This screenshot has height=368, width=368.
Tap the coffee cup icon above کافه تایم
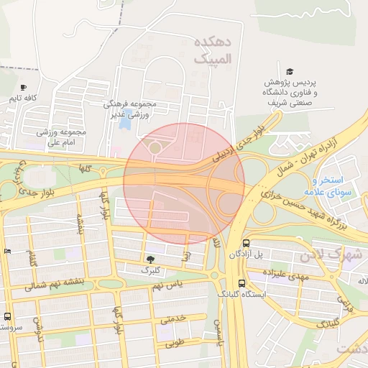pyautogui.click(x=24, y=86)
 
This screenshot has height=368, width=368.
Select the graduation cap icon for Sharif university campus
pyautogui.click(x=290, y=71)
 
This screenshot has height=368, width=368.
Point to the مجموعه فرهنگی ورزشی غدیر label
pyautogui.click(x=141, y=109)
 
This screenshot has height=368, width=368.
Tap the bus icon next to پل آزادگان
pyautogui.click(x=247, y=244)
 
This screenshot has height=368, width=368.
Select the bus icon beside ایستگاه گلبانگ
pyautogui.click(x=241, y=283)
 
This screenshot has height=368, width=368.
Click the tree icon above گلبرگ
pyautogui.click(x=150, y=259)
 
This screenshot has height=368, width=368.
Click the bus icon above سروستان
pyautogui.click(x=8, y=316)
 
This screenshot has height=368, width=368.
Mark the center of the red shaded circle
pyautogui.click(x=184, y=183)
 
